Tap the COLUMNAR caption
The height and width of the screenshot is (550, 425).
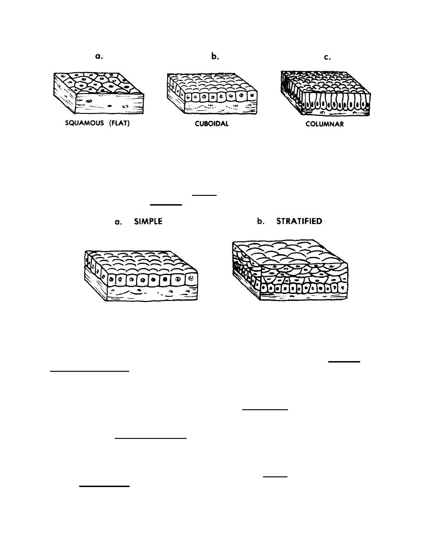[x=325, y=125]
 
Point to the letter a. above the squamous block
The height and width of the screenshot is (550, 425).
[x=98, y=56]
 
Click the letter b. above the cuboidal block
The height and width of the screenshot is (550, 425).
[x=214, y=56]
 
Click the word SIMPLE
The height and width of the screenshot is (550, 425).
[x=148, y=222]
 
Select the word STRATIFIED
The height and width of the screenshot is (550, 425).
[x=299, y=221]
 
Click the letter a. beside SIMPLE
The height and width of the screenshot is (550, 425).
[x=119, y=222]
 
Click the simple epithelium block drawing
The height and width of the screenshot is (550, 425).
[x=141, y=275]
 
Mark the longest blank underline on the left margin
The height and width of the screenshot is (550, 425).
[x=90, y=371]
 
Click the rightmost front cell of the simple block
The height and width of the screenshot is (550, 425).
[x=191, y=279]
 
